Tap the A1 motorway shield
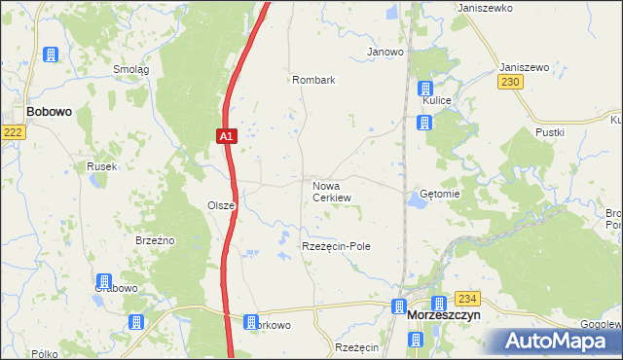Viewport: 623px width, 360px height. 225,137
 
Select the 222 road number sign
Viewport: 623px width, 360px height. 12,132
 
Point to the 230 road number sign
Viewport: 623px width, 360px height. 512,84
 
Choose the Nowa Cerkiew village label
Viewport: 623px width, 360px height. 331,191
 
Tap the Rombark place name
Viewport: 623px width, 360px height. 313,80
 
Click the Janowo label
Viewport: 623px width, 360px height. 385,52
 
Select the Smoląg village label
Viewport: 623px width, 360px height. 130,69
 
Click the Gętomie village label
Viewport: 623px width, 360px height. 438,194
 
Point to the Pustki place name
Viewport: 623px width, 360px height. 550,131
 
